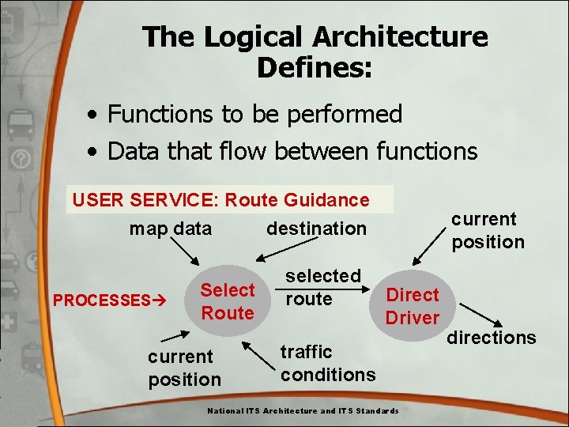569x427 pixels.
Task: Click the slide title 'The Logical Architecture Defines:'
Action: [315, 51]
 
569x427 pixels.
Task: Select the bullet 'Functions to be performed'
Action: [254, 114]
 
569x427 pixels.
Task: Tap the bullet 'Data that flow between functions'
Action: [292, 150]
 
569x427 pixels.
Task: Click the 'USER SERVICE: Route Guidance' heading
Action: [220, 200]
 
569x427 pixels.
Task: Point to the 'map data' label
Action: [171, 229]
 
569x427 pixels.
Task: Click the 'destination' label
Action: [316, 229]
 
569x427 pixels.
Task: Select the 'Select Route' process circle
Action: [227, 301]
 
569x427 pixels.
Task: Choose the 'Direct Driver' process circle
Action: [412, 306]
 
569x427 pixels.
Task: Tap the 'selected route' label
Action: [322, 287]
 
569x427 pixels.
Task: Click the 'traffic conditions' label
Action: [327, 362]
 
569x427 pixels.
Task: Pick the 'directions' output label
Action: [491, 338]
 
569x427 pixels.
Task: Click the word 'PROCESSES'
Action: [101, 300]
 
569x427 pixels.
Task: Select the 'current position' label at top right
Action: [488, 230]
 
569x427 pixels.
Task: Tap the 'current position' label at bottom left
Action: [184, 368]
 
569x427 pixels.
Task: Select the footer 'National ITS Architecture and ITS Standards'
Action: [303, 410]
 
